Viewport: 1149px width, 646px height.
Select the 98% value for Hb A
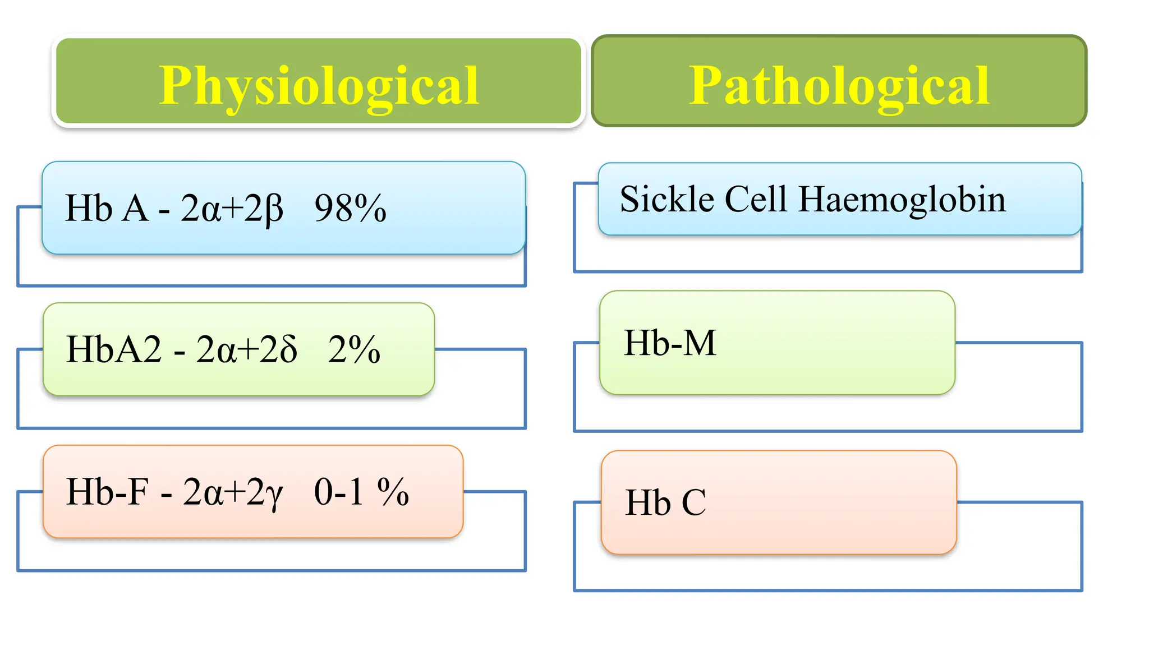tap(350, 209)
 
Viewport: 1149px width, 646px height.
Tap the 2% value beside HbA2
tap(354, 350)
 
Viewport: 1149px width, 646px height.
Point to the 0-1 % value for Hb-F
tap(361, 492)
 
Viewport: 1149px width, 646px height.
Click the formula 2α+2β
tap(232, 209)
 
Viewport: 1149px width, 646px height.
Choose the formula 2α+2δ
tap(246, 350)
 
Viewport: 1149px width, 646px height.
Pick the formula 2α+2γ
tap(233, 493)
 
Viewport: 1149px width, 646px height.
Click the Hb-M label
tap(670, 343)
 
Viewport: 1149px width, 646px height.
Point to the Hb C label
tap(665, 502)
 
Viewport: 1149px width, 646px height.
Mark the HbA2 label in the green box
tap(114, 350)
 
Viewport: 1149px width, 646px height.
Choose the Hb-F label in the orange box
tap(107, 492)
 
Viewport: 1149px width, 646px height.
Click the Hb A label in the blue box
tap(107, 209)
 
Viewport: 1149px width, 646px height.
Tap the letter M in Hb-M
tap(700, 343)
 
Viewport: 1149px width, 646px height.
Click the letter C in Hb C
tap(693, 502)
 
